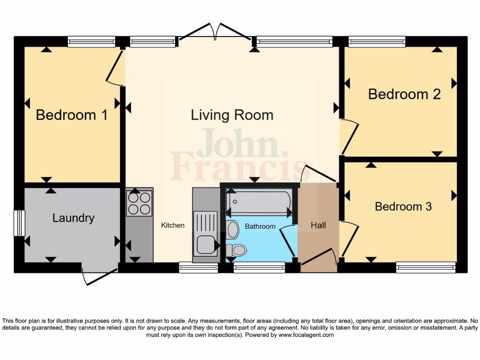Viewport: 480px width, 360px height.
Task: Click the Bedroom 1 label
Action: tap(72, 115)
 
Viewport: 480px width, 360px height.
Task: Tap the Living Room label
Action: tap(232, 115)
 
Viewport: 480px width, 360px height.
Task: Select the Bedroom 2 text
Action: tap(404, 94)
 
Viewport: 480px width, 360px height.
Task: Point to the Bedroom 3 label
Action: tap(403, 206)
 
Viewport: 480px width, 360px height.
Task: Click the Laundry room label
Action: tap(73, 218)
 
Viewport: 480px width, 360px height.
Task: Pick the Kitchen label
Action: tap(173, 225)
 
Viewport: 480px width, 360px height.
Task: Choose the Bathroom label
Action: tap(260, 226)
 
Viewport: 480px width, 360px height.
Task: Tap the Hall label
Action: tap(318, 225)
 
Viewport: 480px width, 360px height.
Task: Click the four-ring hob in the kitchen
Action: tap(139, 203)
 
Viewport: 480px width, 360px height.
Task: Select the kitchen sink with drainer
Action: tap(205, 233)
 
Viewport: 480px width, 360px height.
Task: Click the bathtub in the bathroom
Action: tap(258, 202)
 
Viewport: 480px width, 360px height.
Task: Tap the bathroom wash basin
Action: tap(232, 230)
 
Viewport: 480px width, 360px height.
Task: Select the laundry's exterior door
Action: tap(99, 277)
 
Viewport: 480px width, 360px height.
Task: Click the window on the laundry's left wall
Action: tap(19, 223)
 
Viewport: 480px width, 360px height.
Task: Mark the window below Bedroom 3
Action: tap(426, 267)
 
